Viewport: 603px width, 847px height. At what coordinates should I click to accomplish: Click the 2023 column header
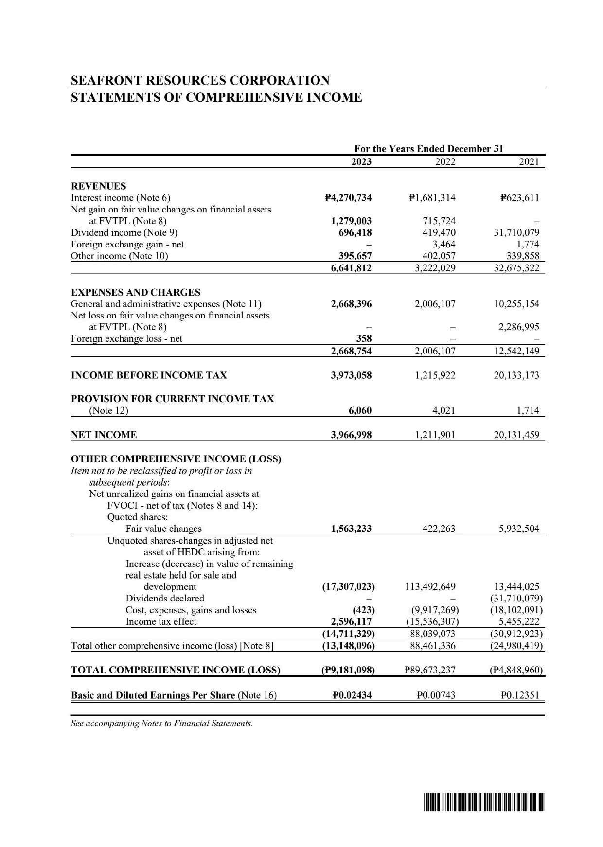361,162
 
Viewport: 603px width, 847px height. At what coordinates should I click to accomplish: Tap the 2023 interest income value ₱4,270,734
348,198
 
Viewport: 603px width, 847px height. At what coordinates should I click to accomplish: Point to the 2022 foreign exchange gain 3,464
444,244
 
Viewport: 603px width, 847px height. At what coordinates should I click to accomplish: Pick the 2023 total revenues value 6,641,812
351,267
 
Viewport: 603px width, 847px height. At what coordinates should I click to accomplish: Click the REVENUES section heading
98,186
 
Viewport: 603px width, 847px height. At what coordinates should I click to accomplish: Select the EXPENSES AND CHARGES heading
136,292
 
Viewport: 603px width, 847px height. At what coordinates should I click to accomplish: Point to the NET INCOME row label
104,435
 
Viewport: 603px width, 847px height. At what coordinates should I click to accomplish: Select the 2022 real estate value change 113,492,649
430,587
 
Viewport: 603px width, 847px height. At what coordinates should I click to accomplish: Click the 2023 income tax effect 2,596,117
351,621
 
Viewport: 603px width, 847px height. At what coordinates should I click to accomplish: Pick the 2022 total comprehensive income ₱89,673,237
429,670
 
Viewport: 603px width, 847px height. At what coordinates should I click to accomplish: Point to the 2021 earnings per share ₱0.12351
520,695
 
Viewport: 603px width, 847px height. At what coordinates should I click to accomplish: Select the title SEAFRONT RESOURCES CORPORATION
200,80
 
